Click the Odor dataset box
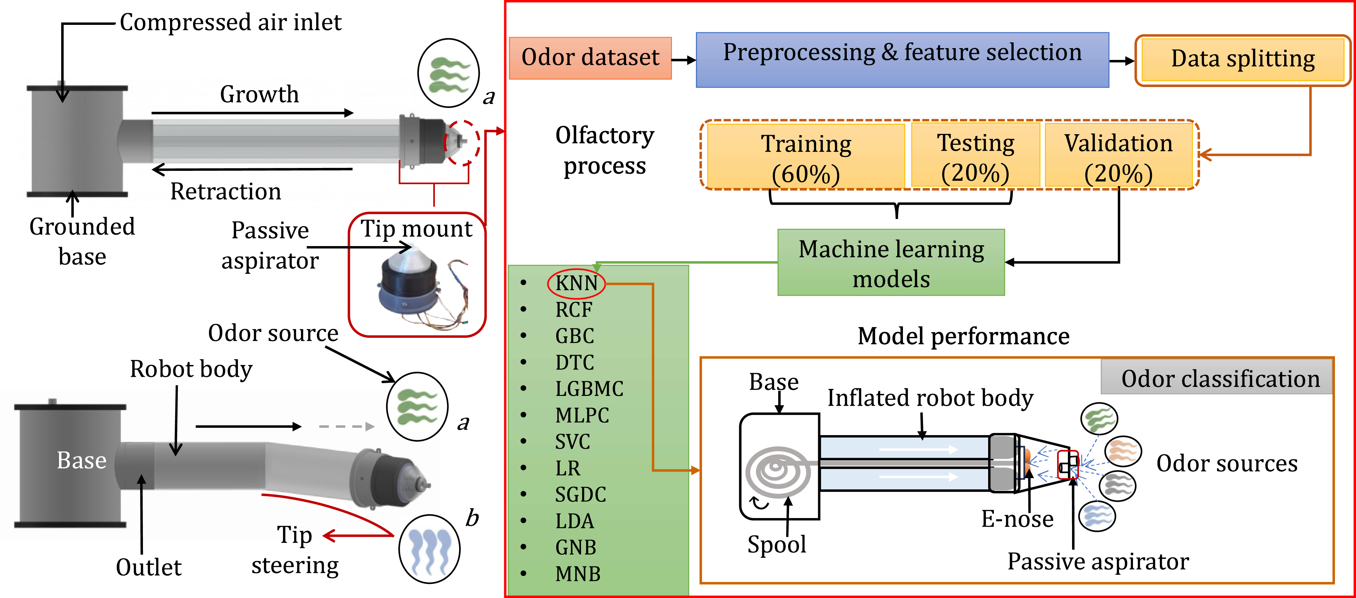[x=590, y=58]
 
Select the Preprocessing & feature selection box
[x=902, y=59]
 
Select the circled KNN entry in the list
[x=577, y=283]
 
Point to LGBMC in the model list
[x=589, y=389]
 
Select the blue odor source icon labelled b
[x=429, y=549]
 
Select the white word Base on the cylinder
[x=82, y=461]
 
